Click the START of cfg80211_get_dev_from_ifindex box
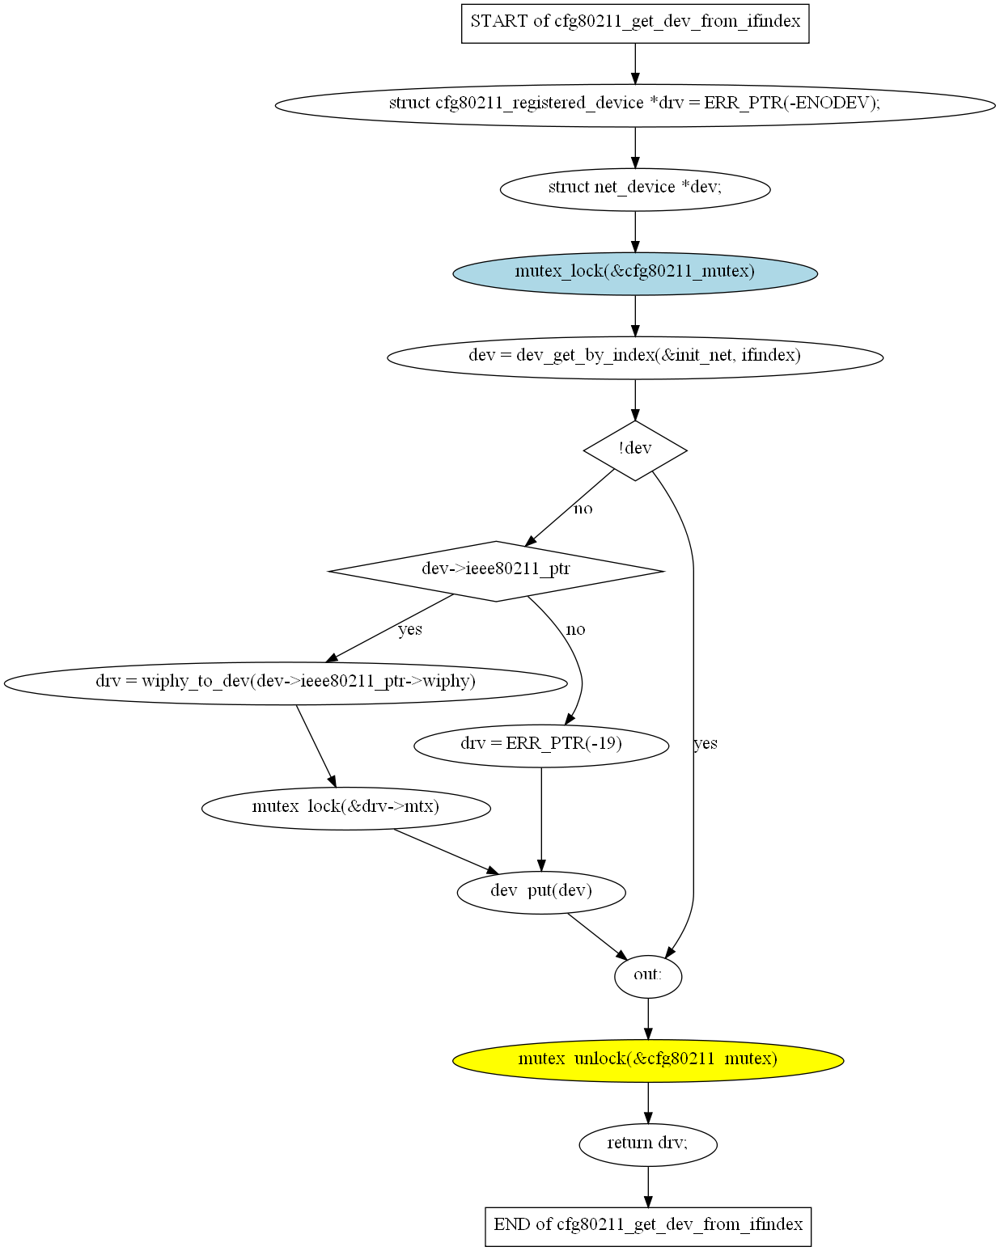[x=634, y=23]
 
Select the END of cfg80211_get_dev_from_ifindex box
[x=647, y=1227]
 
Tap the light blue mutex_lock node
[x=634, y=273]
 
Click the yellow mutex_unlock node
[x=647, y=1060]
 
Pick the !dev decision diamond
[x=634, y=450]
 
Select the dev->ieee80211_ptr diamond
[x=496, y=571]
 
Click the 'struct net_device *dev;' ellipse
[x=634, y=189]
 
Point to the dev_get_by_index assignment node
[x=634, y=357]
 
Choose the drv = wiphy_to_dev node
[x=286, y=683]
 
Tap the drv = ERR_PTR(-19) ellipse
[x=541, y=746]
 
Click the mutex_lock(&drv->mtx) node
[x=345, y=808]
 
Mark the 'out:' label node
[x=647, y=977]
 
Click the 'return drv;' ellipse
[x=647, y=1144]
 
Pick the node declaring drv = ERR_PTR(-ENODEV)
[x=634, y=105]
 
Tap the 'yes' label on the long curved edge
[x=706, y=743]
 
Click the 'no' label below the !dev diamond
[x=583, y=509]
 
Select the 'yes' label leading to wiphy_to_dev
[x=410, y=630]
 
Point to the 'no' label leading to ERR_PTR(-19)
[x=575, y=629]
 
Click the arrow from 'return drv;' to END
[x=647, y=1186]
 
